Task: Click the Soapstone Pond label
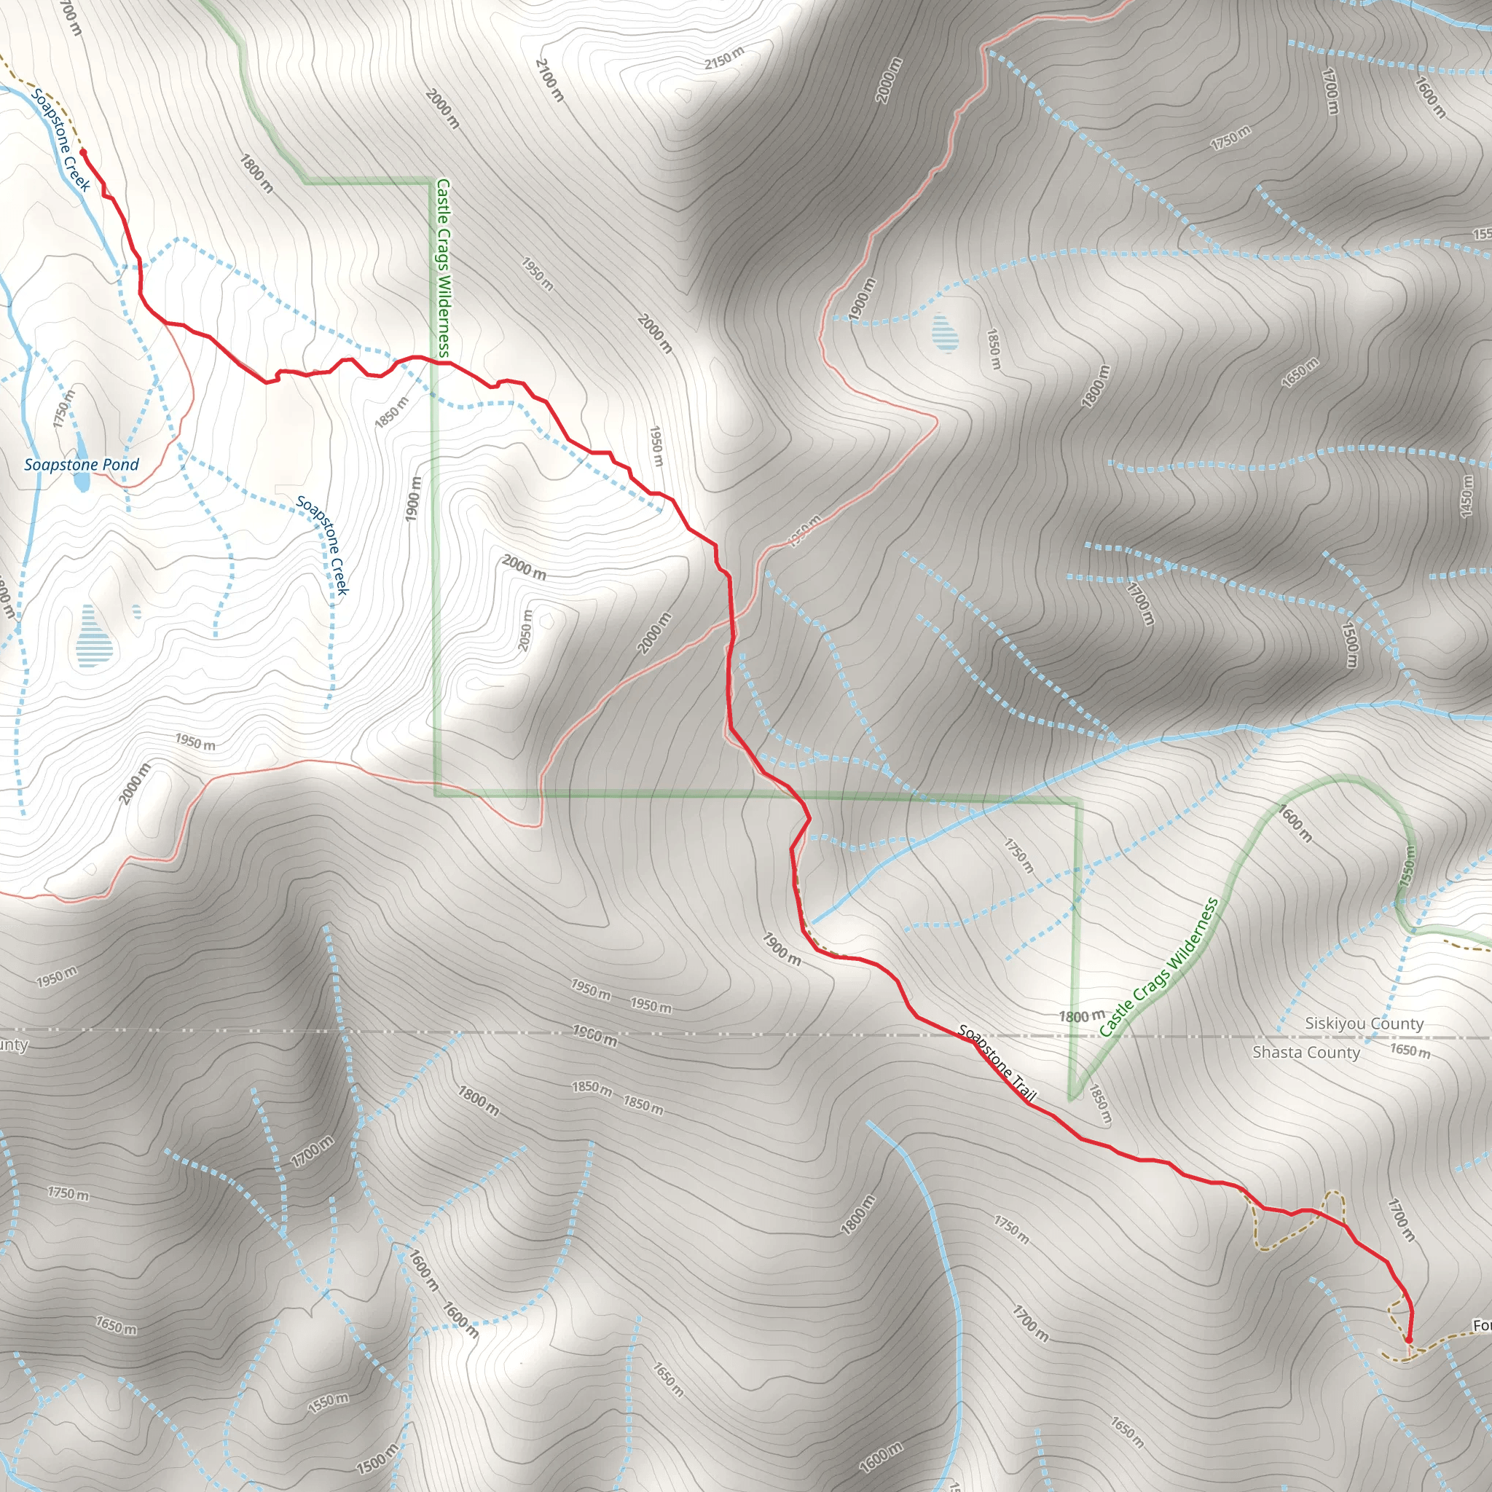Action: pos(81,464)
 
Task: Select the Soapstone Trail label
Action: pos(996,1063)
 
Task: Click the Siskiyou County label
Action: pos(1364,1024)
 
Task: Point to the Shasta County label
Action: pos(1306,1052)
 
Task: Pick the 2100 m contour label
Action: pos(549,79)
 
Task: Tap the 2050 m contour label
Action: pos(525,630)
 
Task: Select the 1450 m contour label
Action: pos(1467,495)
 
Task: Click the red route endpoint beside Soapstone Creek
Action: pos(82,152)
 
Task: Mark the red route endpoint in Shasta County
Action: pos(1409,1340)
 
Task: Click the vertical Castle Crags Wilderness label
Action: pos(442,268)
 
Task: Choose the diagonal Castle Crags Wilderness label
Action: pos(1158,967)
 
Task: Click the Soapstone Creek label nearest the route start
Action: pos(61,140)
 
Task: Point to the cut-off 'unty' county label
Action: pos(13,1045)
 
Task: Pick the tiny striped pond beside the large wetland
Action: pos(137,612)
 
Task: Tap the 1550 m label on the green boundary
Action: pos(1407,865)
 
